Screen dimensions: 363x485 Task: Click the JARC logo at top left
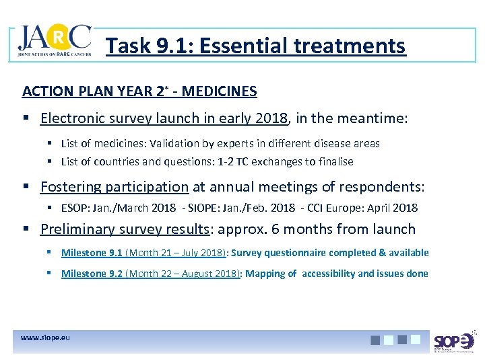tap(54, 42)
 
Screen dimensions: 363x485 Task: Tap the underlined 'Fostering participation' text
tap(115, 187)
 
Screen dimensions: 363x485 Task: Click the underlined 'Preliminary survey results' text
tap(125, 229)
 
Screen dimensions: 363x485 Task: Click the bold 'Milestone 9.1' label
tap(92, 253)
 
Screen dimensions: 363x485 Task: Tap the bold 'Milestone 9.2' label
tap(92, 274)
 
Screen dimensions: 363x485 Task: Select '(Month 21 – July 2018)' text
tap(176, 253)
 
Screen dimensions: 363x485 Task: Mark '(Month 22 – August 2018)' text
tap(183, 274)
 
